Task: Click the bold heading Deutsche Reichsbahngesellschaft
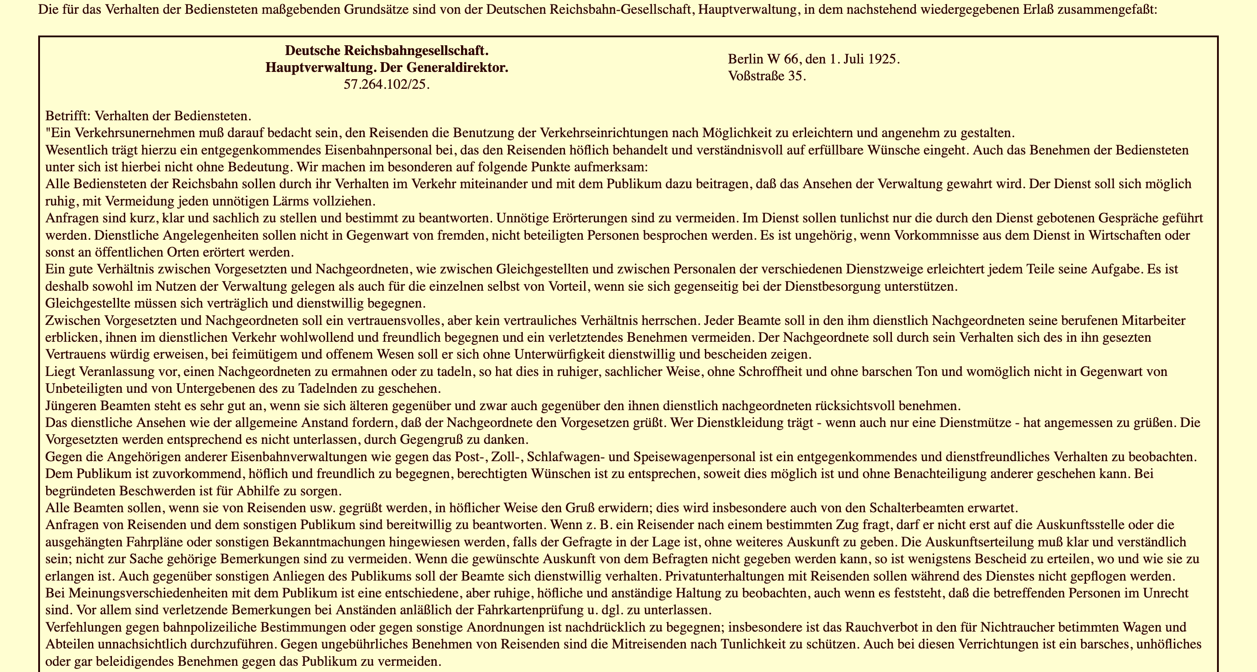386,50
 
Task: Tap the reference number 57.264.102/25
386,84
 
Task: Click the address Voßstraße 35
767,76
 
